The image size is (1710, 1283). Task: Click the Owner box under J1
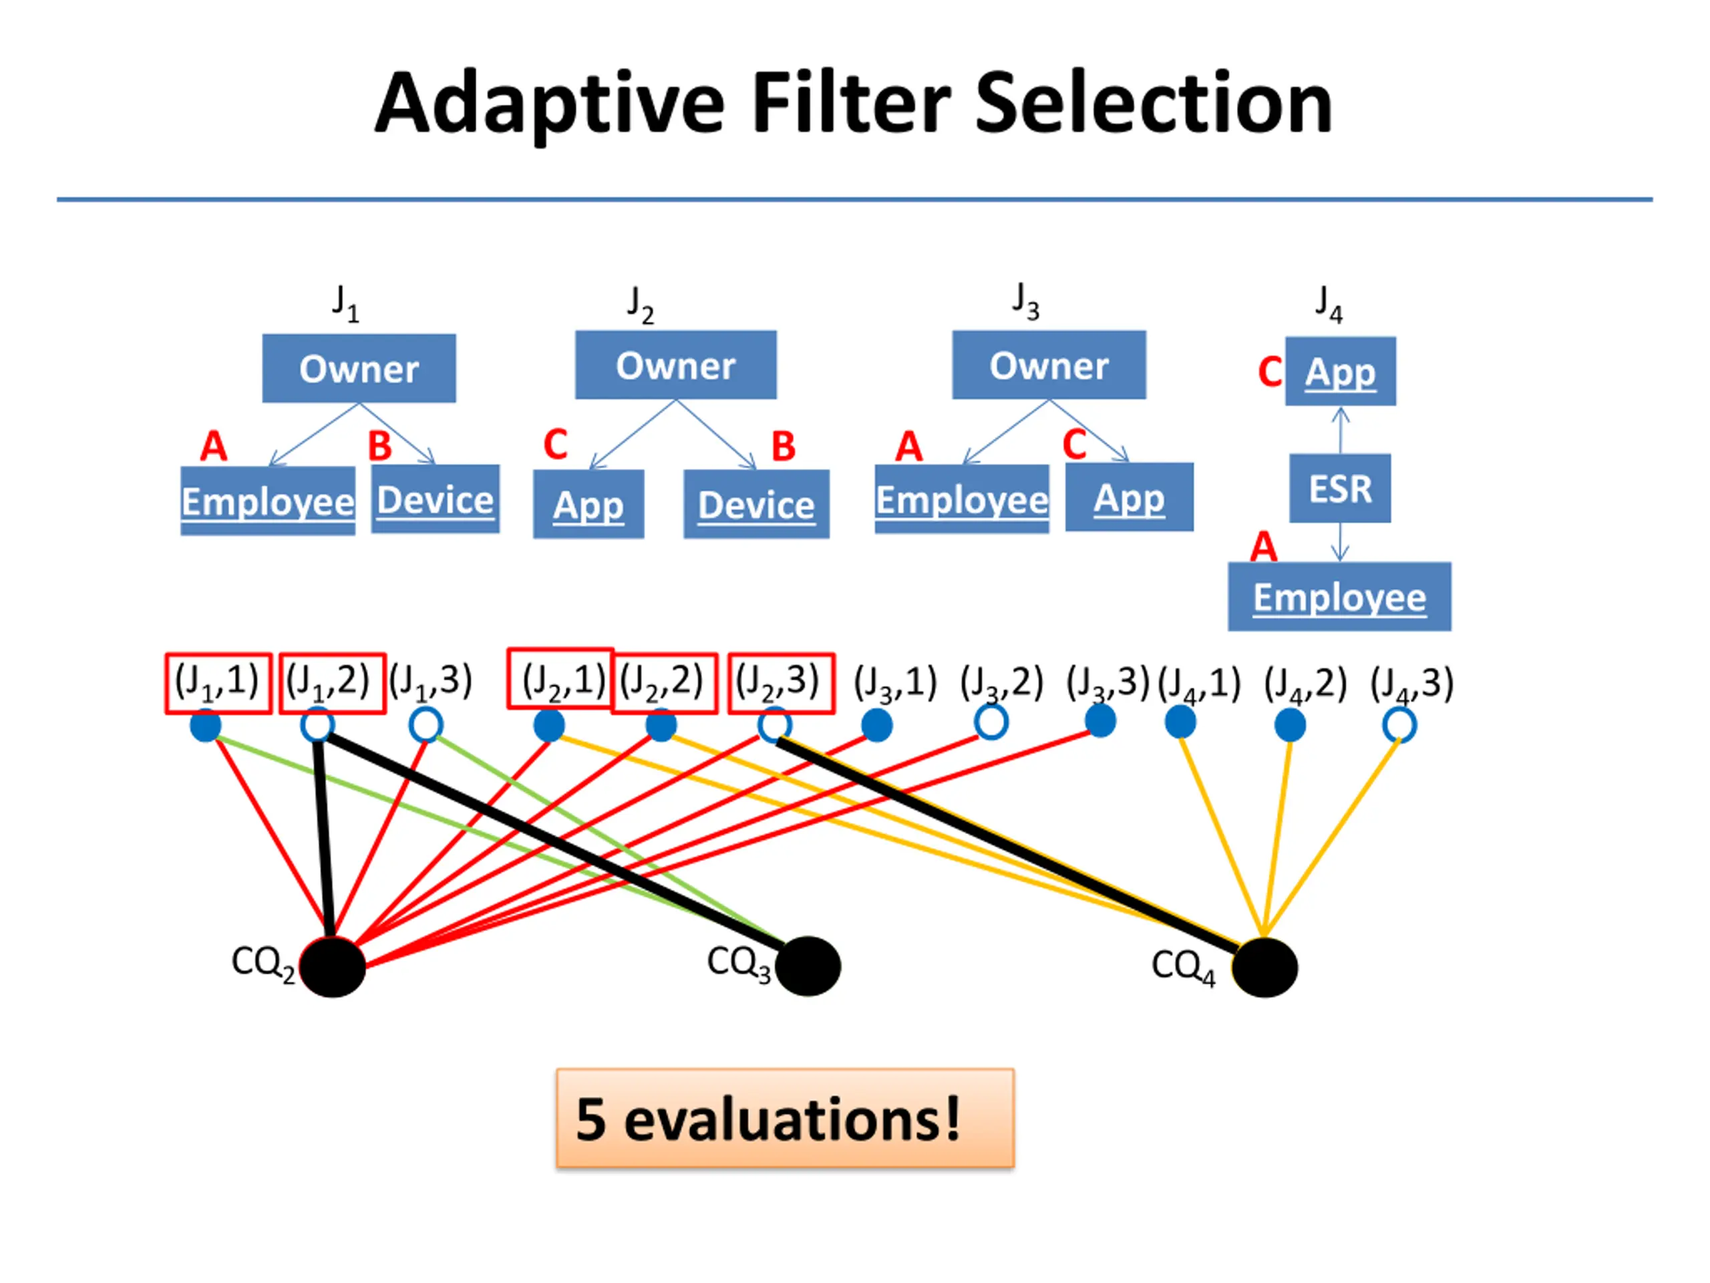359,368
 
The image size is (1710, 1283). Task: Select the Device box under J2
756,505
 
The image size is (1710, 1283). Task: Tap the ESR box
1340,488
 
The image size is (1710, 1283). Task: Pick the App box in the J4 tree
1341,372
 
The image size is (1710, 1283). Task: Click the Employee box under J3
962,498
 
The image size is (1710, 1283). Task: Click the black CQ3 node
808,966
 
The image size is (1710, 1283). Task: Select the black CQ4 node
1264,968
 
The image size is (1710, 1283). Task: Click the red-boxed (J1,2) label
331,683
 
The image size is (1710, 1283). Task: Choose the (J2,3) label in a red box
781,683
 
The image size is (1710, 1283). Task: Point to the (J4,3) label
1411,684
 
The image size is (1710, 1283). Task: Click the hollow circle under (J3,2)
991,722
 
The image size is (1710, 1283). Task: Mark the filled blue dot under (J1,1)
206,726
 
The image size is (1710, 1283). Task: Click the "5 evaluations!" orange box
785,1118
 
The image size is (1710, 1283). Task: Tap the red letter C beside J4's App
1269,372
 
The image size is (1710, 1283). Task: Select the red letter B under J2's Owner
783,446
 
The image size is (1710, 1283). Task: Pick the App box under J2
588,505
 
